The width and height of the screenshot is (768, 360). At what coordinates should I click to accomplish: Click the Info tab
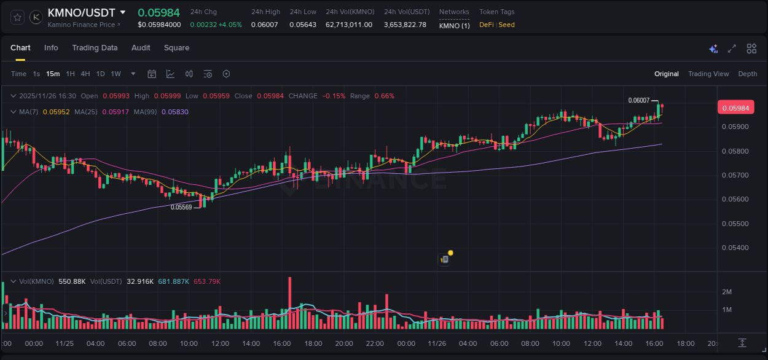tap(51, 48)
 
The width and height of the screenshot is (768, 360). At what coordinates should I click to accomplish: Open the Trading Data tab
tap(95, 48)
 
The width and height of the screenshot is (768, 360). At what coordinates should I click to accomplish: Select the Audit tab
tap(141, 48)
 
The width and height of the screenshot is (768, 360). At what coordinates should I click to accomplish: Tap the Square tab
tap(176, 48)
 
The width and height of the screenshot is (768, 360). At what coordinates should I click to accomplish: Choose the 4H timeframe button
tap(85, 74)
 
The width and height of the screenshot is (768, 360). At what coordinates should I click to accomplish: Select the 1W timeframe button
tap(116, 74)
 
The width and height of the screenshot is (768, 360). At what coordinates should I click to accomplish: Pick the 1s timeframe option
tap(36, 74)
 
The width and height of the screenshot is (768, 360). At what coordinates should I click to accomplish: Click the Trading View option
tap(708, 74)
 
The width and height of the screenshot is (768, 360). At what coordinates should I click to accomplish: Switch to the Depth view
tap(748, 74)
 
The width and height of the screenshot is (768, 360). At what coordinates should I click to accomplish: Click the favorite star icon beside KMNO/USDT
tap(17, 17)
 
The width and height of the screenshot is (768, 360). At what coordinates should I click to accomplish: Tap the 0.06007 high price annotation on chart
tap(639, 100)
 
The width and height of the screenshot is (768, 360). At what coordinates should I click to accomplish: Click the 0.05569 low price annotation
tap(181, 207)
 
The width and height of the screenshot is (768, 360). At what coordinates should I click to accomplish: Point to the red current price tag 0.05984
tap(735, 108)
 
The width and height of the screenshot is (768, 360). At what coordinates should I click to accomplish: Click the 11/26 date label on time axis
tap(437, 343)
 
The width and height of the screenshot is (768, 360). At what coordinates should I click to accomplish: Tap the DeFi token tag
tap(487, 25)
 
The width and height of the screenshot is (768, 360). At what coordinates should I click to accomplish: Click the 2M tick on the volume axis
tap(727, 292)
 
